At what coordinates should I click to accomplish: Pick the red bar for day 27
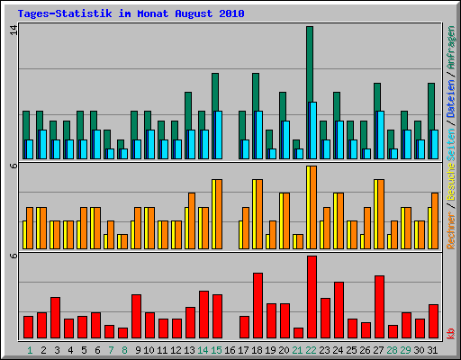tap(379, 306)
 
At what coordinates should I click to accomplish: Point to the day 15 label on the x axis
tap(217, 349)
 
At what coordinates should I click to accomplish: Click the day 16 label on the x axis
tap(230, 349)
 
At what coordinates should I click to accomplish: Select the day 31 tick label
tap(433, 349)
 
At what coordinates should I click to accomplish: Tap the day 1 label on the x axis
tap(30, 349)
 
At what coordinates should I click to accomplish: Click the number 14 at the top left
tap(13, 30)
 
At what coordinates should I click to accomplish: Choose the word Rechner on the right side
tap(450, 229)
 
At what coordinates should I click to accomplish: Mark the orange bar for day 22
tap(312, 207)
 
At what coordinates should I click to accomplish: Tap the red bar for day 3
tap(55, 317)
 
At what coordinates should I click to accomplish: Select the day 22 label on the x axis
tap(312, 349)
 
